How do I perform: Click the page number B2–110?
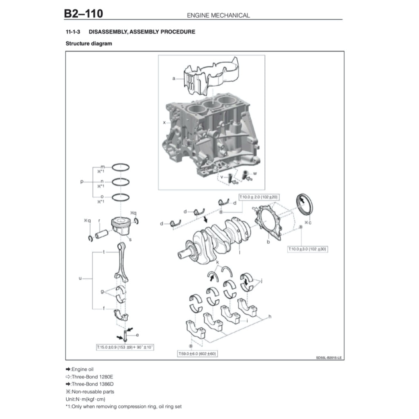click(x=83, y=14)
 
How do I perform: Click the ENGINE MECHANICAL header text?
click(x=218, y=15)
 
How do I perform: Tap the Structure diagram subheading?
click(x=89, y=43)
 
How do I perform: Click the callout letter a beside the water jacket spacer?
click(x=174, y=78)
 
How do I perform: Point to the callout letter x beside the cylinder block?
click(x=164, y=122)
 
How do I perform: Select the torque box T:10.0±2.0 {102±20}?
click(x=259, y=197)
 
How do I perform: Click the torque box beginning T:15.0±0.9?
click(x=125, y=347)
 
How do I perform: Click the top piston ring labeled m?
click(x=121, y=167)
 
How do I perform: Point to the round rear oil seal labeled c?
click(x=304, y=204)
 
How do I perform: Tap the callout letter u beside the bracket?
click(x=80, y=278)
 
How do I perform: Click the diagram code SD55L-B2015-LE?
click(x=329, y=358)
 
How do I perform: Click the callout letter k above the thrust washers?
click(x=217, y=261)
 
